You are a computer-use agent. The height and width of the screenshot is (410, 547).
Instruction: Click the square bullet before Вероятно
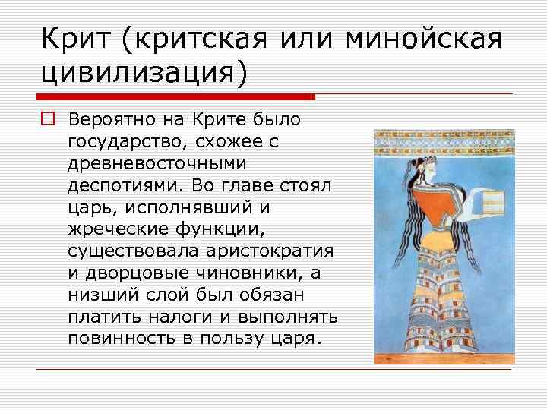pos(47,120)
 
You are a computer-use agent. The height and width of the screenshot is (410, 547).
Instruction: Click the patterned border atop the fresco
pos(444,140)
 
